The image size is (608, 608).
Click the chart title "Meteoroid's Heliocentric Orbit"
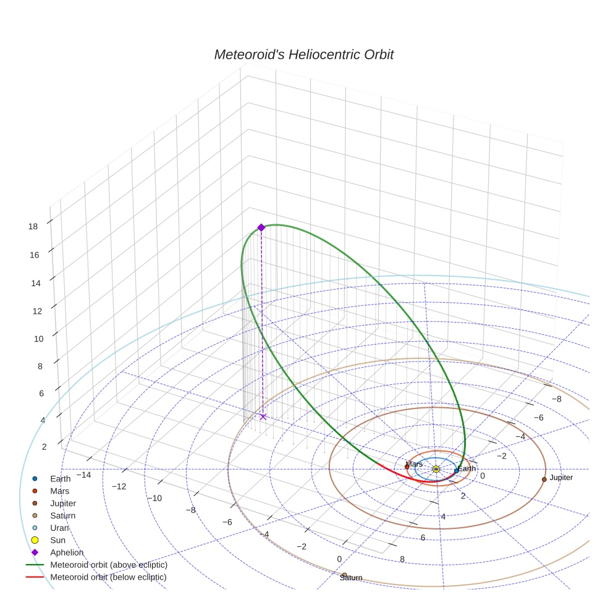point(303,54)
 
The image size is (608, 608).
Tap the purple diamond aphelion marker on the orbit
point(261,227)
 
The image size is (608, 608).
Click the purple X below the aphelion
point(263,416)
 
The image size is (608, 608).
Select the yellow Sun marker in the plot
point(436,470)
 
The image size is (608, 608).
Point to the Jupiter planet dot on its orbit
point(544,479)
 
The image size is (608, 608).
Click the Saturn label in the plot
point(351,578)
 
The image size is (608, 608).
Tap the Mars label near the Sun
point(414,463)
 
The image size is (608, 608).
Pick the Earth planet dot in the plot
point(456,471)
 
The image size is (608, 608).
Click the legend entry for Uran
point(59,528)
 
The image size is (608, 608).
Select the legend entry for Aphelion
point(67,552)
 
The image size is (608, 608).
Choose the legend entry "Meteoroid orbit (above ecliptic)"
point(109,565)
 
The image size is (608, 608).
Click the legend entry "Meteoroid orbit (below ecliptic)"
point(109,577)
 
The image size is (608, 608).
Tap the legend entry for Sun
point(57,540)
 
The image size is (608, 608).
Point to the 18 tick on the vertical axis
point(33,226)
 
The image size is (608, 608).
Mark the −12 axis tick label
point(119,486)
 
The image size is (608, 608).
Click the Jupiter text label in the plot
point(561,478)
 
